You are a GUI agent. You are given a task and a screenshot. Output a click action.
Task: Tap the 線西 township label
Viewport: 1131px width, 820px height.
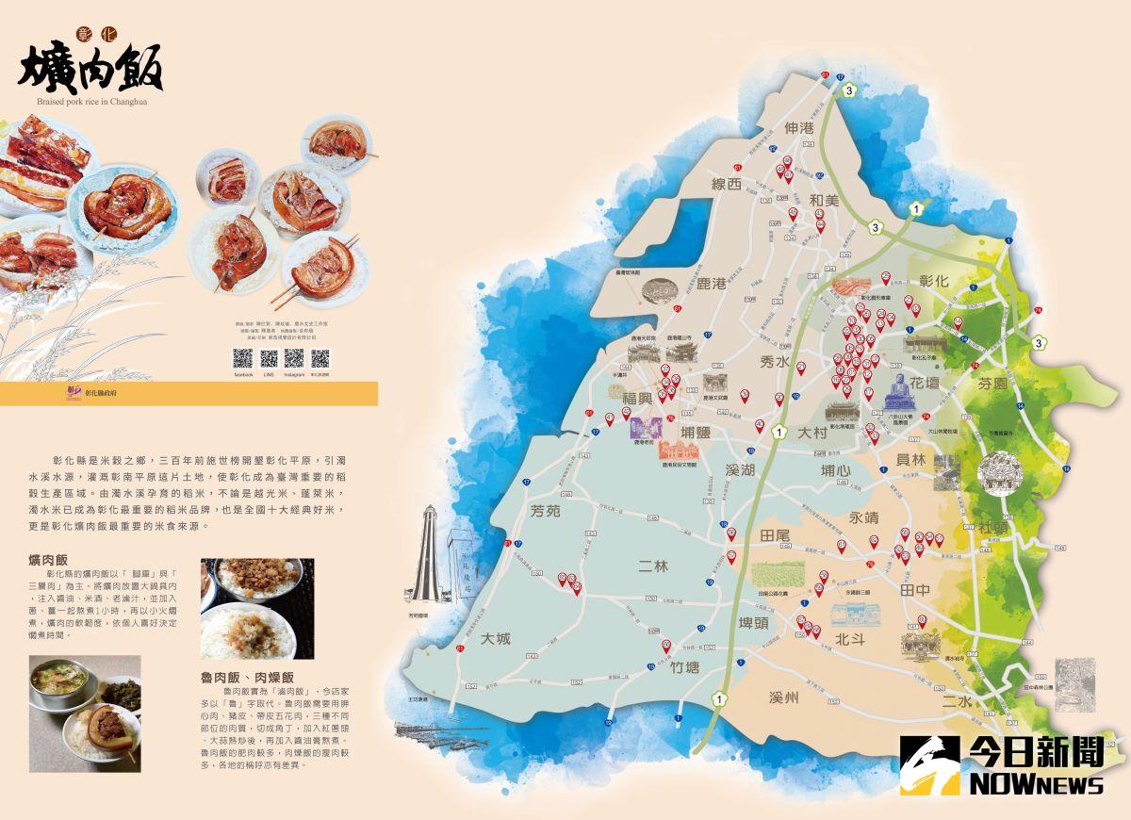(x=727, y=185)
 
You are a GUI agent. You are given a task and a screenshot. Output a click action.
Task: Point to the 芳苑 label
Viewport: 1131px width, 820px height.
(x=545, y=512)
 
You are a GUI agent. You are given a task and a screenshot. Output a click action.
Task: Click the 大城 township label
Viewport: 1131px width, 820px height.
(x=495, y=638)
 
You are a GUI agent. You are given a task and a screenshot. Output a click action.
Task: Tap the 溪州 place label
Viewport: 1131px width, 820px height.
(x=783, y=697)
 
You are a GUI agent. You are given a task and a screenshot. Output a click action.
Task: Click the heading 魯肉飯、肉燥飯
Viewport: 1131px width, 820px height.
(x=247, y=677)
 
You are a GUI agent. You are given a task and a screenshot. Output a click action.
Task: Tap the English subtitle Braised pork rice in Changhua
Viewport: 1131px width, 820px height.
(x=92, y=102)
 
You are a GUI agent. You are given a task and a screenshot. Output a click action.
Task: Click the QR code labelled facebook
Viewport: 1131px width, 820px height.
(x=243, y=359)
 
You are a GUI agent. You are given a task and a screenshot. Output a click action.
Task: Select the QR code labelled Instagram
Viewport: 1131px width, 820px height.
(x=294, y=359)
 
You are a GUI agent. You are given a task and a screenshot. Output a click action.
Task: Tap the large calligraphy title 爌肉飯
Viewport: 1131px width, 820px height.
(x=90, y=64)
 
